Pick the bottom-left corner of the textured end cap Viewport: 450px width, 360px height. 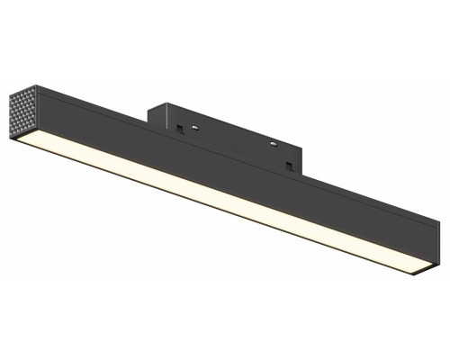point(11,135)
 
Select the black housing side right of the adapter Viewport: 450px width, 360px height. point(369,206)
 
